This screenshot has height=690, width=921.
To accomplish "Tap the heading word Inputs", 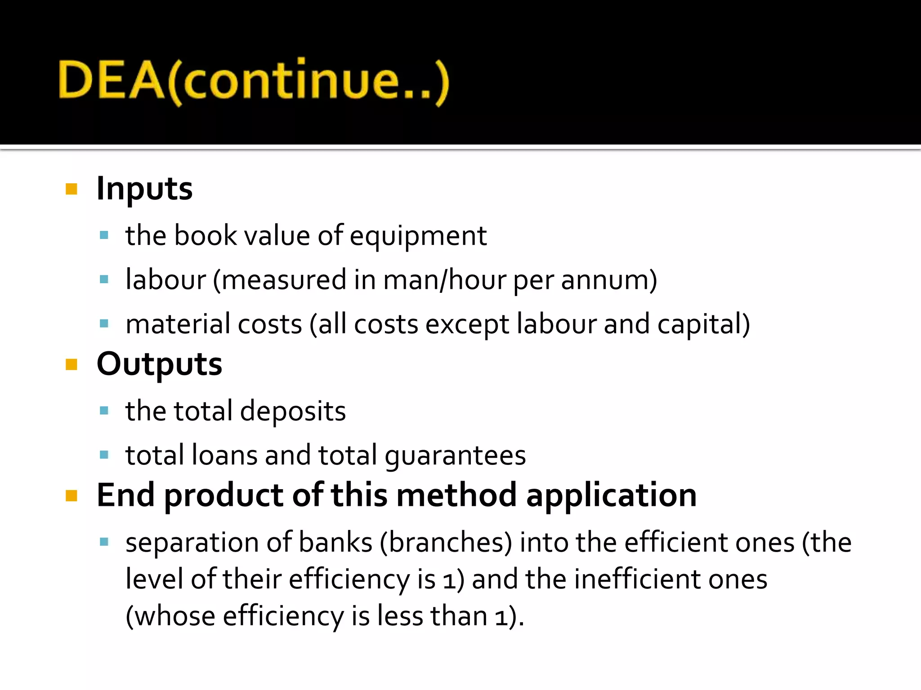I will (144, 189).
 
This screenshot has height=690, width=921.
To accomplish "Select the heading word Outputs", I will (159, 364).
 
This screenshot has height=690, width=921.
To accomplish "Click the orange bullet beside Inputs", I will (72, 189).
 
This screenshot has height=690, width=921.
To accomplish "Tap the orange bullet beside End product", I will (72, 495).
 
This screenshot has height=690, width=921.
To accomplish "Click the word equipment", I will (418, 236).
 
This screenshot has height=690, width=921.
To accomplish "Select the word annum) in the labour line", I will (609, 280).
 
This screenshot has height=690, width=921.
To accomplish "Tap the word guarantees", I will (455, 456).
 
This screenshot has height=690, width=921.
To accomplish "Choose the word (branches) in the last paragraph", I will (446, 543).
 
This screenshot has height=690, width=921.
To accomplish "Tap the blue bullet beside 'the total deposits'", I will (104, 411).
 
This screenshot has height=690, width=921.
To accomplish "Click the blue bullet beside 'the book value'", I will (104, 235).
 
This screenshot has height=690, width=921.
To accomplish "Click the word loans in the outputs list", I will (224, 456).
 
